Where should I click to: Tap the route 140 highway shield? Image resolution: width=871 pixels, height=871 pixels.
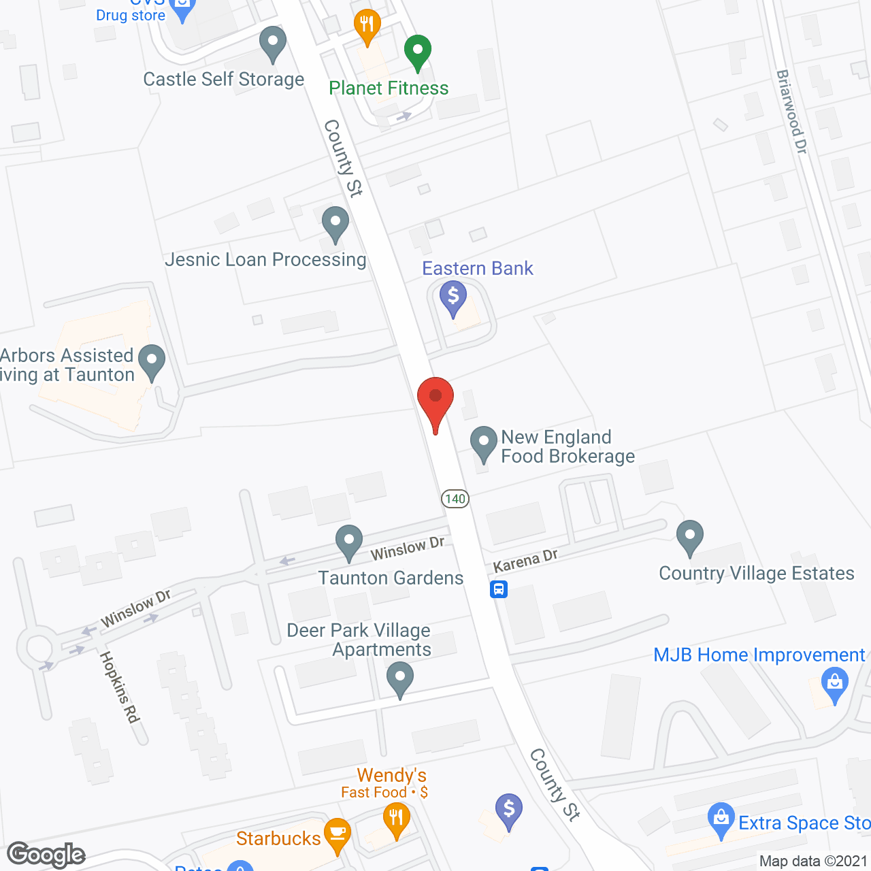click(455, 499)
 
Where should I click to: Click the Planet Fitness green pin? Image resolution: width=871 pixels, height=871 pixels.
click(418, 52)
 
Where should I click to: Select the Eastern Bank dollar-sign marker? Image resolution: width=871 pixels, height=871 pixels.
click(453, 299)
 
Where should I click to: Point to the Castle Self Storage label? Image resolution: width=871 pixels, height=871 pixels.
click(223, 80)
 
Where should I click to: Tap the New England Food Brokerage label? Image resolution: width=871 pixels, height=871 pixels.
click(568, 446)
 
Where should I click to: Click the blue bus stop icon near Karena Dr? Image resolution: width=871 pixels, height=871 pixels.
click(499, 589)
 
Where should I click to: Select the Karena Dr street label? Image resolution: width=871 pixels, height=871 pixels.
click(525, 561)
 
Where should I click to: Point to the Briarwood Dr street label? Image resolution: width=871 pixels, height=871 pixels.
click(791, 112)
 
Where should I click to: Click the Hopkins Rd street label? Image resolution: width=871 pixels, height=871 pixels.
click(120, 687)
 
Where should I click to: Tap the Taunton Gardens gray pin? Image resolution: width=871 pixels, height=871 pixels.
click(349, 542)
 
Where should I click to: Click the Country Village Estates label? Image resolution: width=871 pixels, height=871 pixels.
click(756, 574)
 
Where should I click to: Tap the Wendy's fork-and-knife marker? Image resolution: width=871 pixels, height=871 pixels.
click(396, 819)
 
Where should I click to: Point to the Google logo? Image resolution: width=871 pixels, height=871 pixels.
click(46, 855)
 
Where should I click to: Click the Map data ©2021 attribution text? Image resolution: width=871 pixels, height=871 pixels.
click(813, 861)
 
